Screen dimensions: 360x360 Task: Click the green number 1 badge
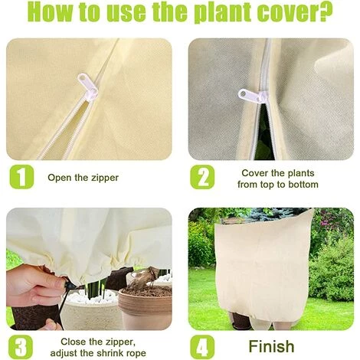tap(21, 177)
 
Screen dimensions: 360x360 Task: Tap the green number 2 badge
tap(202, 177)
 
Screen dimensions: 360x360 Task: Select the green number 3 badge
tap(21, 347)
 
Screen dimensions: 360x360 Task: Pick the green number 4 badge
tap(202, 347)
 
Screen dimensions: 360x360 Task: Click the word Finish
tap(271, 346)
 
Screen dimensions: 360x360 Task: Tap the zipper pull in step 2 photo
tap(253, 96)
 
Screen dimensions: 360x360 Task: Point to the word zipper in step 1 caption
tap(105, 178)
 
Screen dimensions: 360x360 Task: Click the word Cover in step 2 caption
tap(254, 173)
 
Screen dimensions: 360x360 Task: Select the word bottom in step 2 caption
tap(303, 185)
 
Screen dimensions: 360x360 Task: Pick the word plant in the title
tap(223, 13)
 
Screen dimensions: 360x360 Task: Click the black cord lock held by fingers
tap(68, 283)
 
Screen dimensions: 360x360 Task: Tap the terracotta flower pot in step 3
tap(146, 308)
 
